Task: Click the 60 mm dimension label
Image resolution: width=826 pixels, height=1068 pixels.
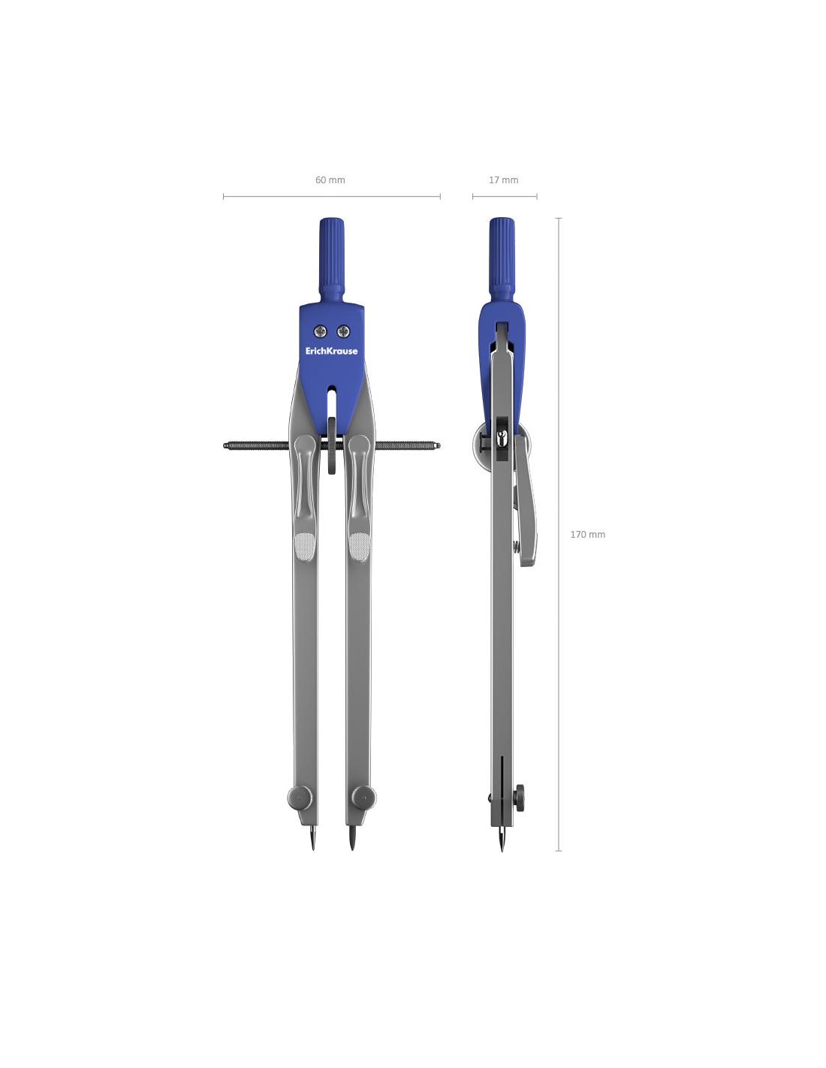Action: (330, 180)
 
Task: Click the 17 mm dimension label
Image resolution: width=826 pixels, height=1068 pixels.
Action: (503, 180)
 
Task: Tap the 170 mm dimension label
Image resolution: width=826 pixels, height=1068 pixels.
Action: (587, 534)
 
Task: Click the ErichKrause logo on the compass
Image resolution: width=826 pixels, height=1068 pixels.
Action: (331, 351)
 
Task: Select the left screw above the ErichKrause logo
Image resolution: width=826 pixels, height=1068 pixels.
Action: (321, 331)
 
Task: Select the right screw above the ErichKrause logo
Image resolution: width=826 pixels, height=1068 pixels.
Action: (343, 331)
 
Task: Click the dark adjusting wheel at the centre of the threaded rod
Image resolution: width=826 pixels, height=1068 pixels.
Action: (332, 446)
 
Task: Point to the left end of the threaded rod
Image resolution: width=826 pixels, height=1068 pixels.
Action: (225, 446)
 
